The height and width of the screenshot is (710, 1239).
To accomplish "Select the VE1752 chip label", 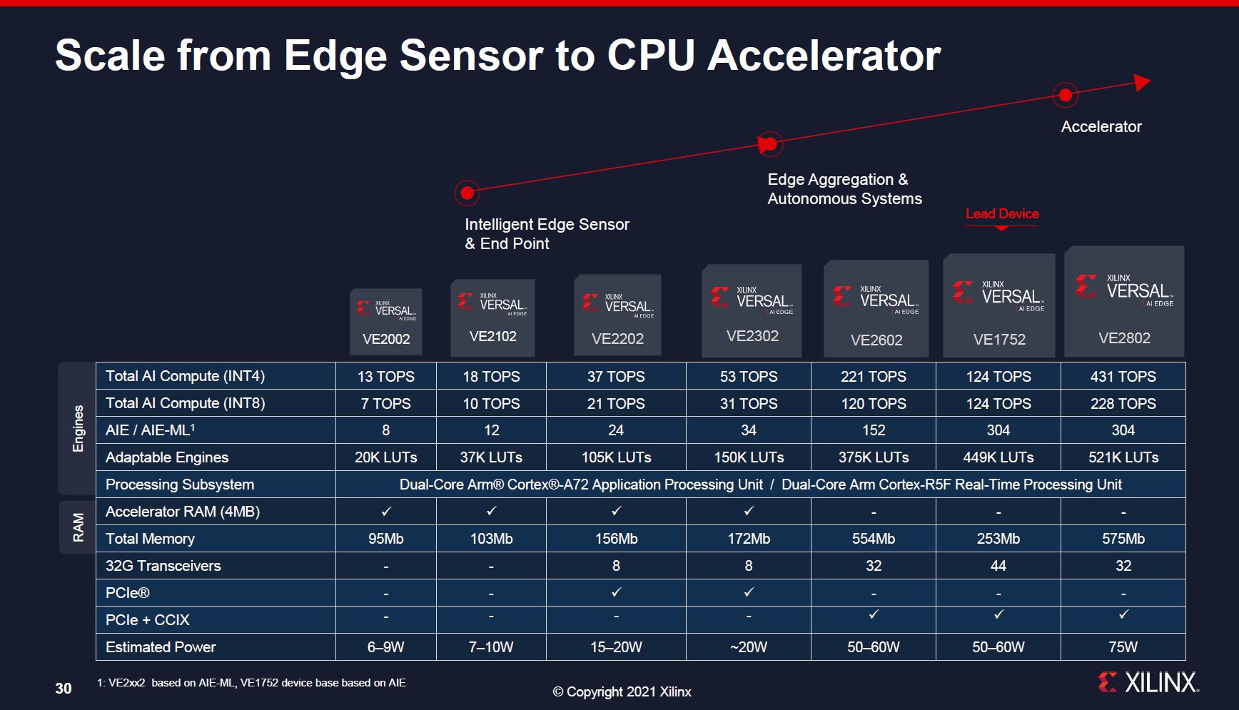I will [999, 340].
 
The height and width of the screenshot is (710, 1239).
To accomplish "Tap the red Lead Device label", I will [1002, 214].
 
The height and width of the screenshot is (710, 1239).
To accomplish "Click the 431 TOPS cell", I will [1123, 376].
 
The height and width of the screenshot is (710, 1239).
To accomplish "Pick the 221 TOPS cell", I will [873, 376].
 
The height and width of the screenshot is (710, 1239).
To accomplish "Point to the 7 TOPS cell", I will [385, 403].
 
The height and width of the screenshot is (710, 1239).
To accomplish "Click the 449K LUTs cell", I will [998, 457].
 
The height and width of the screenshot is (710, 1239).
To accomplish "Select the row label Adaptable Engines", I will [167, 457].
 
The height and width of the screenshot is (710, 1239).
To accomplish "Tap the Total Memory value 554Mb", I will [873, 539].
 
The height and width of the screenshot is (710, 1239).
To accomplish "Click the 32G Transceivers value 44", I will [998, 566].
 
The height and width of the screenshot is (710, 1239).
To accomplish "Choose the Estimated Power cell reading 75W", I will [1123, 647].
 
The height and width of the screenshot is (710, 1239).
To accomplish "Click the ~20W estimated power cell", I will [748, 647].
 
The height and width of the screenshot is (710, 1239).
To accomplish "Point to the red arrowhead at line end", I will [1142, 83].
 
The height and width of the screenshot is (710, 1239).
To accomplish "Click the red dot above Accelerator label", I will [1065, 94].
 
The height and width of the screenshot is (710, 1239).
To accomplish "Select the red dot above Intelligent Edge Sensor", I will [467, 193].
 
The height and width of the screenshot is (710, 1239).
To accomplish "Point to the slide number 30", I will [64, 689].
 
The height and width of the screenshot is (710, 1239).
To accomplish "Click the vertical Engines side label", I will [78, 428].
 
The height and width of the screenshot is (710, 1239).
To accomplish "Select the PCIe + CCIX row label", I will [147, 620].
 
